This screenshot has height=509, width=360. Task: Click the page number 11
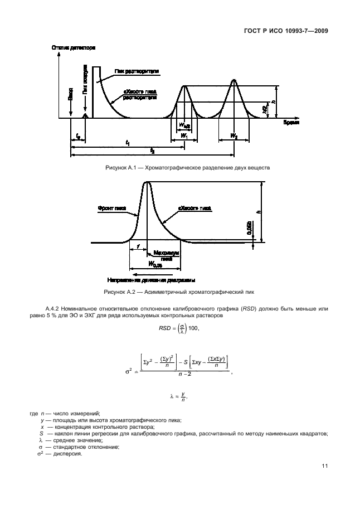(324, 466)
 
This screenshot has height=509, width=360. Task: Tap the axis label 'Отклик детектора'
(74, 49)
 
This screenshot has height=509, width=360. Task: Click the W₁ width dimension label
(184, 135)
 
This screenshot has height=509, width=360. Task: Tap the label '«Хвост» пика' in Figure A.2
(195, 207)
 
